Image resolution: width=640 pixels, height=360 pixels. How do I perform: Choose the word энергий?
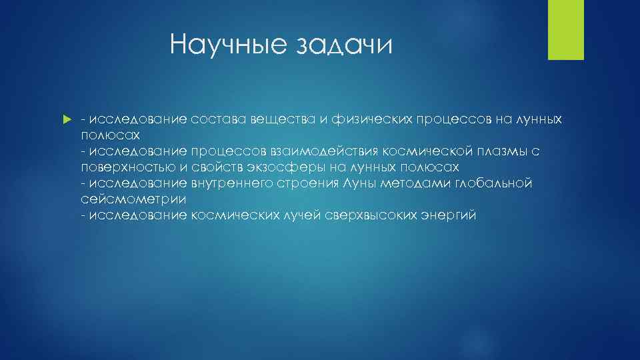pos(448,215)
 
